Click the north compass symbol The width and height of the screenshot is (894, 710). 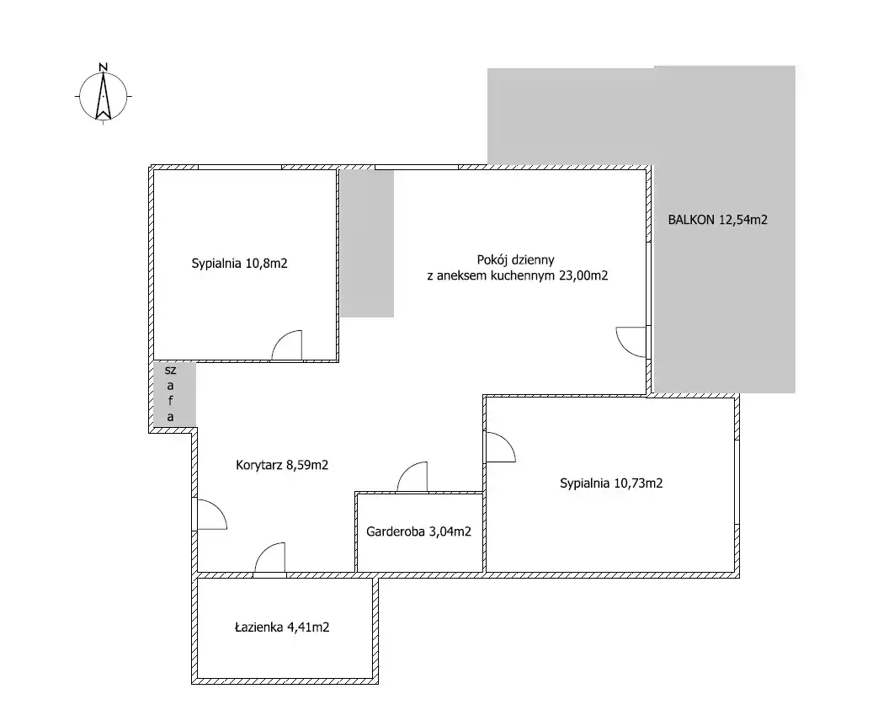coord(104,96)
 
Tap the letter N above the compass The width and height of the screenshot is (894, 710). coord(104,67)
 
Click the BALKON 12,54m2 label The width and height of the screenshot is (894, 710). coord(717,220)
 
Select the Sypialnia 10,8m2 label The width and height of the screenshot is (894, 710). coord(239,264)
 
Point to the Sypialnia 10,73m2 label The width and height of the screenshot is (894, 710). coord(610,483)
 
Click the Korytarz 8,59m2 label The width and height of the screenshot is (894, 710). coord(282,466)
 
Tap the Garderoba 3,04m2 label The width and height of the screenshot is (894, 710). coord(418,531)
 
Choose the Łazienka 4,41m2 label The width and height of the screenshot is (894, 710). coord(282,627)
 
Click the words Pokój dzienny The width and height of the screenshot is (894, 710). coord(515,260)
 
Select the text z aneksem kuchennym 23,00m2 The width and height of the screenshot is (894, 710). coord(517,276)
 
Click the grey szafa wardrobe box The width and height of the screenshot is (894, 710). coord(174,394)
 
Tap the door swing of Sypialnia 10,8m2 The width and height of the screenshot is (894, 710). coord(287,345)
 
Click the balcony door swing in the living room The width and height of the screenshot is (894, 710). coord(632,342)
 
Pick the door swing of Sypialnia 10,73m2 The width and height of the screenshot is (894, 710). coord(500,446)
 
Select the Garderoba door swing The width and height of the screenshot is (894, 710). coord(412,477)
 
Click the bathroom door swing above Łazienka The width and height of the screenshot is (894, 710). coord(269,558)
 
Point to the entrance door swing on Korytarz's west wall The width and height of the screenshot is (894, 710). coord(211,514)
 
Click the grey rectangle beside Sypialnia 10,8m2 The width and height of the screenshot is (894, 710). coord(367,243)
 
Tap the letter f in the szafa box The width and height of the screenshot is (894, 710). coord(171,401)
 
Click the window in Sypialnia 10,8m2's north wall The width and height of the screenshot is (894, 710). coord(240,168)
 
